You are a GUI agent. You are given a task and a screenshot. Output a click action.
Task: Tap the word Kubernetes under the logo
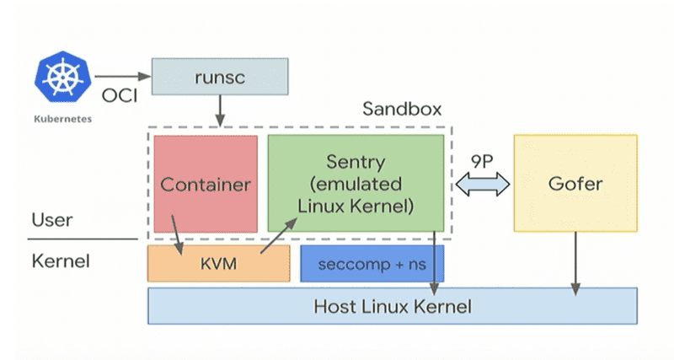point(62,119)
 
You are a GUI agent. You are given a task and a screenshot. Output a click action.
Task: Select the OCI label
point(120,95)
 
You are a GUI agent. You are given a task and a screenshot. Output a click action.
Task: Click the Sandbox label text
point(401,110)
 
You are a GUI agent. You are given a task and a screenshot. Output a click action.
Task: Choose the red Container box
point(206,183)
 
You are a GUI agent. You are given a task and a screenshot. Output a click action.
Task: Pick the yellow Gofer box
point(575,183)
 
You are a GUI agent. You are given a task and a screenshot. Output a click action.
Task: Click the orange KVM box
point(217,264)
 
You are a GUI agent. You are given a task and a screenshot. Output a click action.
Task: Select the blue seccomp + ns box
point(372,264)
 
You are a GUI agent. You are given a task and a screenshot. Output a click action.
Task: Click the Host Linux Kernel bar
point(392,305)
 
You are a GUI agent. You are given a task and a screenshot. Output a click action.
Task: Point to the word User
point(51,221)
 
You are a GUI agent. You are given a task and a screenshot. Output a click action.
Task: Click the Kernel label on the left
point(60,261)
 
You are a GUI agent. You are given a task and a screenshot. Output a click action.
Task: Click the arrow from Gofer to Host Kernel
point(576,263)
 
